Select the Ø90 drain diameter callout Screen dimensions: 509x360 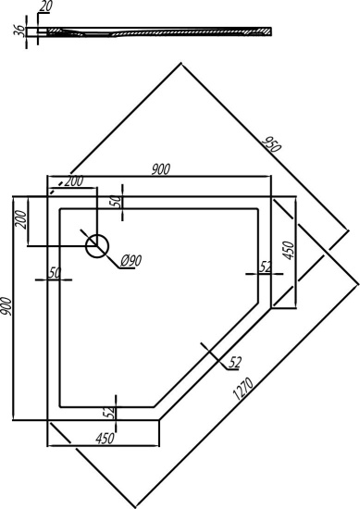coord(130,260)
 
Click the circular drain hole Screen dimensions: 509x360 coord(97,245)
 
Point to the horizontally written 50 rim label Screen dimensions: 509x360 coord(54,271)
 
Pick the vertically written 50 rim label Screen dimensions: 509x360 coord(116,200)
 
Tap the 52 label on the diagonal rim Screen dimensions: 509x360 coord(234,360)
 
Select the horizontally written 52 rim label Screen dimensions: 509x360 coord(266,267)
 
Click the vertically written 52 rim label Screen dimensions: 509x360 coord(109,409)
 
